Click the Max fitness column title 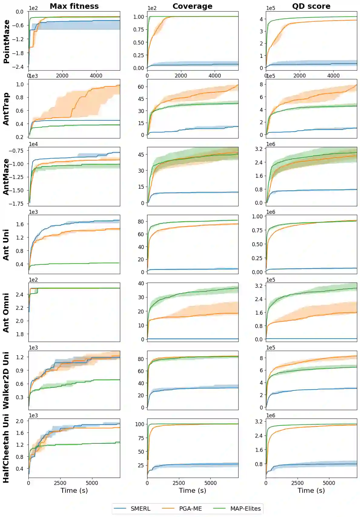click(74, 6)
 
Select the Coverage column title click(193, 6)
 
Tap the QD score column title click(311, 6)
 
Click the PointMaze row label click(6, 41)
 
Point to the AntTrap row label click(6, 109)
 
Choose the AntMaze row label click(6, 177)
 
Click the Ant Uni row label click(6, 245)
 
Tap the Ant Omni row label click(6, 313)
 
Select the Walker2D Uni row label click(6, 380)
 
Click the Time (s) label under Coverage click(193, 490)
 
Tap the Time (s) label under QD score click(311, 490)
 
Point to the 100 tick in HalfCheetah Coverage click(140, 424)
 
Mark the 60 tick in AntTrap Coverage click(141, 87)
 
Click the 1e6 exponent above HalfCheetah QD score click(271, 416)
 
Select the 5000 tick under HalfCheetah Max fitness click(92, 483)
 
